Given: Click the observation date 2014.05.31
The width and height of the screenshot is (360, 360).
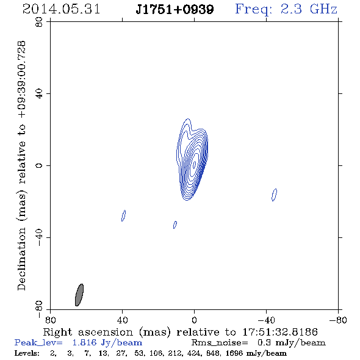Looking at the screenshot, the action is (61, 9).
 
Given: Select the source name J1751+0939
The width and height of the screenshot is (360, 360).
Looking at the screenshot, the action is (175, 9).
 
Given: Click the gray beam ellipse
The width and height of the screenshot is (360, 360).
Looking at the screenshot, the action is (79, 295).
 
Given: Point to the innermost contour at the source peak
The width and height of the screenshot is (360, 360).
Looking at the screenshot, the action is (195, 164).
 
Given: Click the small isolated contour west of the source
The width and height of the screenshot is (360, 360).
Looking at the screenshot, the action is (274, 195).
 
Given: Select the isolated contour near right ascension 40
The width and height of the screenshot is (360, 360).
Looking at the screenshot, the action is (123, 215).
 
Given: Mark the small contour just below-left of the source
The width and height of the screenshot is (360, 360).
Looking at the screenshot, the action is (175, 225).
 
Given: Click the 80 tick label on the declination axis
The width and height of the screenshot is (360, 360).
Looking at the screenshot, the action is (39, 22).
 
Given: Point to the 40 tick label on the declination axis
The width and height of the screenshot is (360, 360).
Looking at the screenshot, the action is (39, 94).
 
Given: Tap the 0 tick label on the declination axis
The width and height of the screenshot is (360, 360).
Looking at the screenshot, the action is (39, 165).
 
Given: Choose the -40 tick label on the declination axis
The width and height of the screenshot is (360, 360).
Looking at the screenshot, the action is (39, 237).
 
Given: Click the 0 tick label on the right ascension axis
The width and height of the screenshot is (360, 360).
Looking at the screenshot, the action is (194, 320).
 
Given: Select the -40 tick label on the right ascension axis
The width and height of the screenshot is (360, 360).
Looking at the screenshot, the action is (266, 320).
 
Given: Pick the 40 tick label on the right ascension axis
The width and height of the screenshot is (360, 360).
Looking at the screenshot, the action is (123, 320).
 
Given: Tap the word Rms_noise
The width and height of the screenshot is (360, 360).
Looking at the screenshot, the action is (220, 342).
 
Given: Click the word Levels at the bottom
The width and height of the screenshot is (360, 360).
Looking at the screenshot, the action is (27, 353).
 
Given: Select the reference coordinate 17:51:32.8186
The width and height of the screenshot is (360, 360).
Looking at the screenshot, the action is (280, 332).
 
